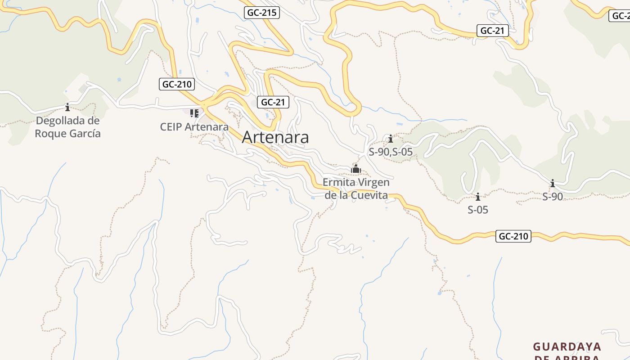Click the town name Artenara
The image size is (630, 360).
click(x=275, y=137)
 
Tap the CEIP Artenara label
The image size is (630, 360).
click(x=194, y=127)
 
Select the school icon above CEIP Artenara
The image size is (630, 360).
click(x=194, y=113)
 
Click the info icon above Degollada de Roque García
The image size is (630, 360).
click(x=67, y=107)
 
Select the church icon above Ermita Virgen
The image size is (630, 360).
click(x=356, y=169)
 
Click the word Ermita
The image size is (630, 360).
click(x=338, y=183)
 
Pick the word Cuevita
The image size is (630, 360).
click(x=370, y=195)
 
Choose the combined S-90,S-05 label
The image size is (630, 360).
click(x=391, y=152)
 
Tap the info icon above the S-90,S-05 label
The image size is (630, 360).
click(x=391, y=139)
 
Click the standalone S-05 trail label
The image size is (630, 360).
click(x=478, y=210)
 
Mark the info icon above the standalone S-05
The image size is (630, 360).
click(x=478, y=197)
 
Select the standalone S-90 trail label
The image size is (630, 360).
click(x=553, y=197)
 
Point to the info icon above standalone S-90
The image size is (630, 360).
click(x=553, y=183)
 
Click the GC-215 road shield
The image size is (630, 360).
click(x=262, y=13)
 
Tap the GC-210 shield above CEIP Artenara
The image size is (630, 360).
click(x=177, y=84)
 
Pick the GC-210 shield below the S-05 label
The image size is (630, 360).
click(x=513, y=236)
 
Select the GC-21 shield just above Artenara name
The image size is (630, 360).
click(x=273, y=102)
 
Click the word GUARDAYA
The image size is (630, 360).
click(x=567, y=346)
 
